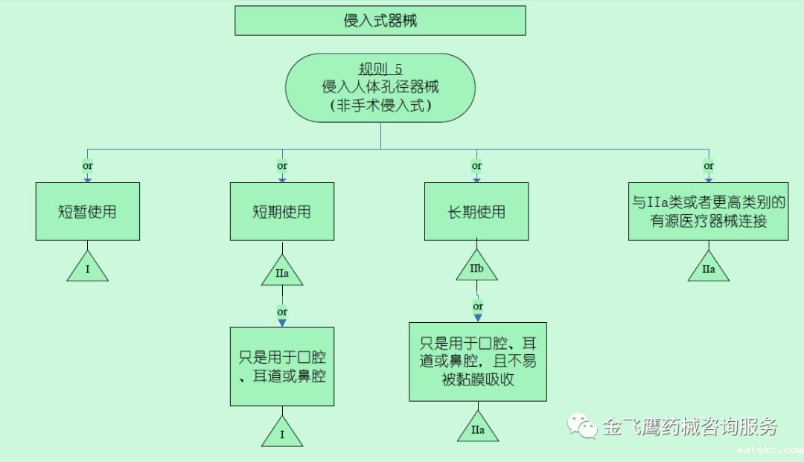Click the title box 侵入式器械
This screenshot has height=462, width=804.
(380, 21)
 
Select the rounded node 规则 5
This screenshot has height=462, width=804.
(380, 88)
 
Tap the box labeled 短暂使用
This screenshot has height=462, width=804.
(87, 211)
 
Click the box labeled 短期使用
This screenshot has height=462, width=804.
(281, 211)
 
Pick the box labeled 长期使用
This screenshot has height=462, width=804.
(476, 211)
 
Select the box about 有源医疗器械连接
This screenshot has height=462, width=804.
(708, 211)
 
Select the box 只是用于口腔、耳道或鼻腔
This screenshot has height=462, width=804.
(281, 365)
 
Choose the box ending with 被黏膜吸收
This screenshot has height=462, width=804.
(477, 362)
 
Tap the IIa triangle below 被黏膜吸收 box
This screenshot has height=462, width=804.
(477, 429)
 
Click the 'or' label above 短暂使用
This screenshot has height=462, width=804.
(87, 166)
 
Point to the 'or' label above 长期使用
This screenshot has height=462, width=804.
(476, 166)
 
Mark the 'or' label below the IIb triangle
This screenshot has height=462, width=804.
(478, 306)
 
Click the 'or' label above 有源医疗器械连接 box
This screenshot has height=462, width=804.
(708, 166)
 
